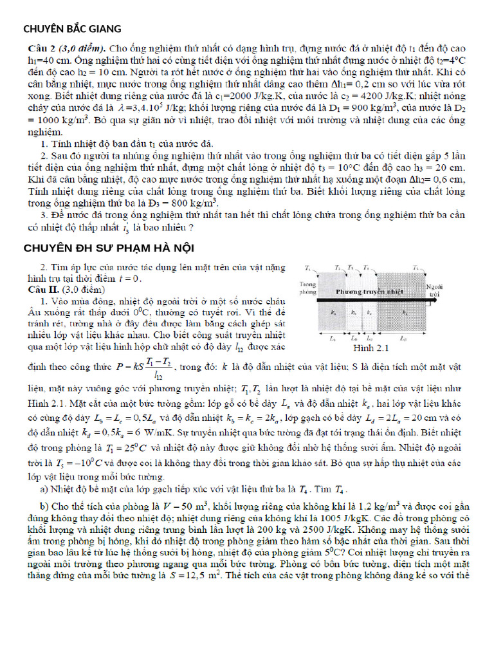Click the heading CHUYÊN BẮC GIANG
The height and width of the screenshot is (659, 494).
pyautogui.click(x=72, y=29)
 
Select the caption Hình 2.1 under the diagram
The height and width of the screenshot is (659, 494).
pyautogui.click(x=372, y=348)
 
